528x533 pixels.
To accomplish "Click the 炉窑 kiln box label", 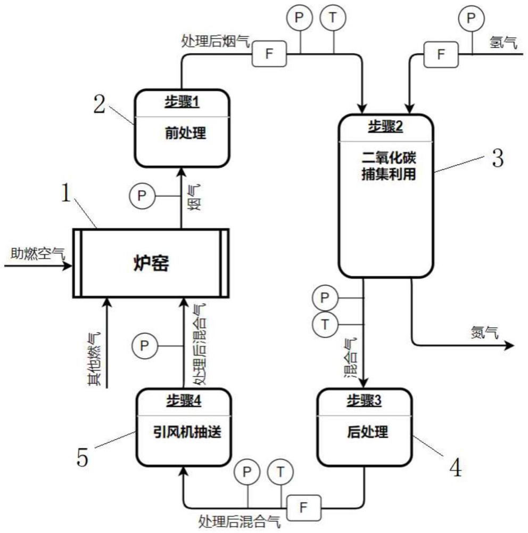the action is coord(151,263).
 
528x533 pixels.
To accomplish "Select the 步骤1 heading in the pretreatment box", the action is coord(182,102).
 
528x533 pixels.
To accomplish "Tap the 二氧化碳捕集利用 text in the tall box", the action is coord(389,166).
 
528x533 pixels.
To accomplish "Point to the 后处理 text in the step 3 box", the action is coord(367,432).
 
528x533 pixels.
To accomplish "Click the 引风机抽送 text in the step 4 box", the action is coord(187,432).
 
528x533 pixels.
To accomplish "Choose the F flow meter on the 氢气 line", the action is coord(441,54).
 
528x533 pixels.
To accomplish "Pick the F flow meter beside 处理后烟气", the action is coord(269,53).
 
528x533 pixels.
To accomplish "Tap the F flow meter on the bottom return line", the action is coord(303,508).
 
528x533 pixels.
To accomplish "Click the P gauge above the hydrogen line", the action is coord(471,18).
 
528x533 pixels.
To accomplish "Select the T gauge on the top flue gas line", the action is coord(333,17).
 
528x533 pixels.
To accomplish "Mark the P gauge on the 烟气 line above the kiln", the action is coord(142,196).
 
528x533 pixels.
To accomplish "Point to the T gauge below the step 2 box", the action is coord(325,324).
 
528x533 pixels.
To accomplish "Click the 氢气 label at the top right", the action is coord(503,43).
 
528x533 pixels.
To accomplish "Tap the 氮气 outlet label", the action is coord(485,332).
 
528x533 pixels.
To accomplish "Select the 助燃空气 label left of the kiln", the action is coord(37,253).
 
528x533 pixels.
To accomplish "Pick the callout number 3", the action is coord(498,158).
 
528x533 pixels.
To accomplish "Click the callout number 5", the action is coord(82,457).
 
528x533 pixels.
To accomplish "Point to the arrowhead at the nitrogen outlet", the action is coord(509,345).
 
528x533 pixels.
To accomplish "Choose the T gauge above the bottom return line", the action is coord(280,472).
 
